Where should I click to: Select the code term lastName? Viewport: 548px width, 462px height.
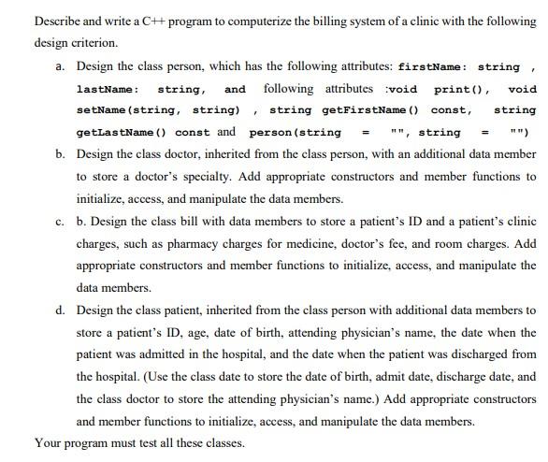[108, 90]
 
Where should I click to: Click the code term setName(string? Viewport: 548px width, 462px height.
[118, 111]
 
